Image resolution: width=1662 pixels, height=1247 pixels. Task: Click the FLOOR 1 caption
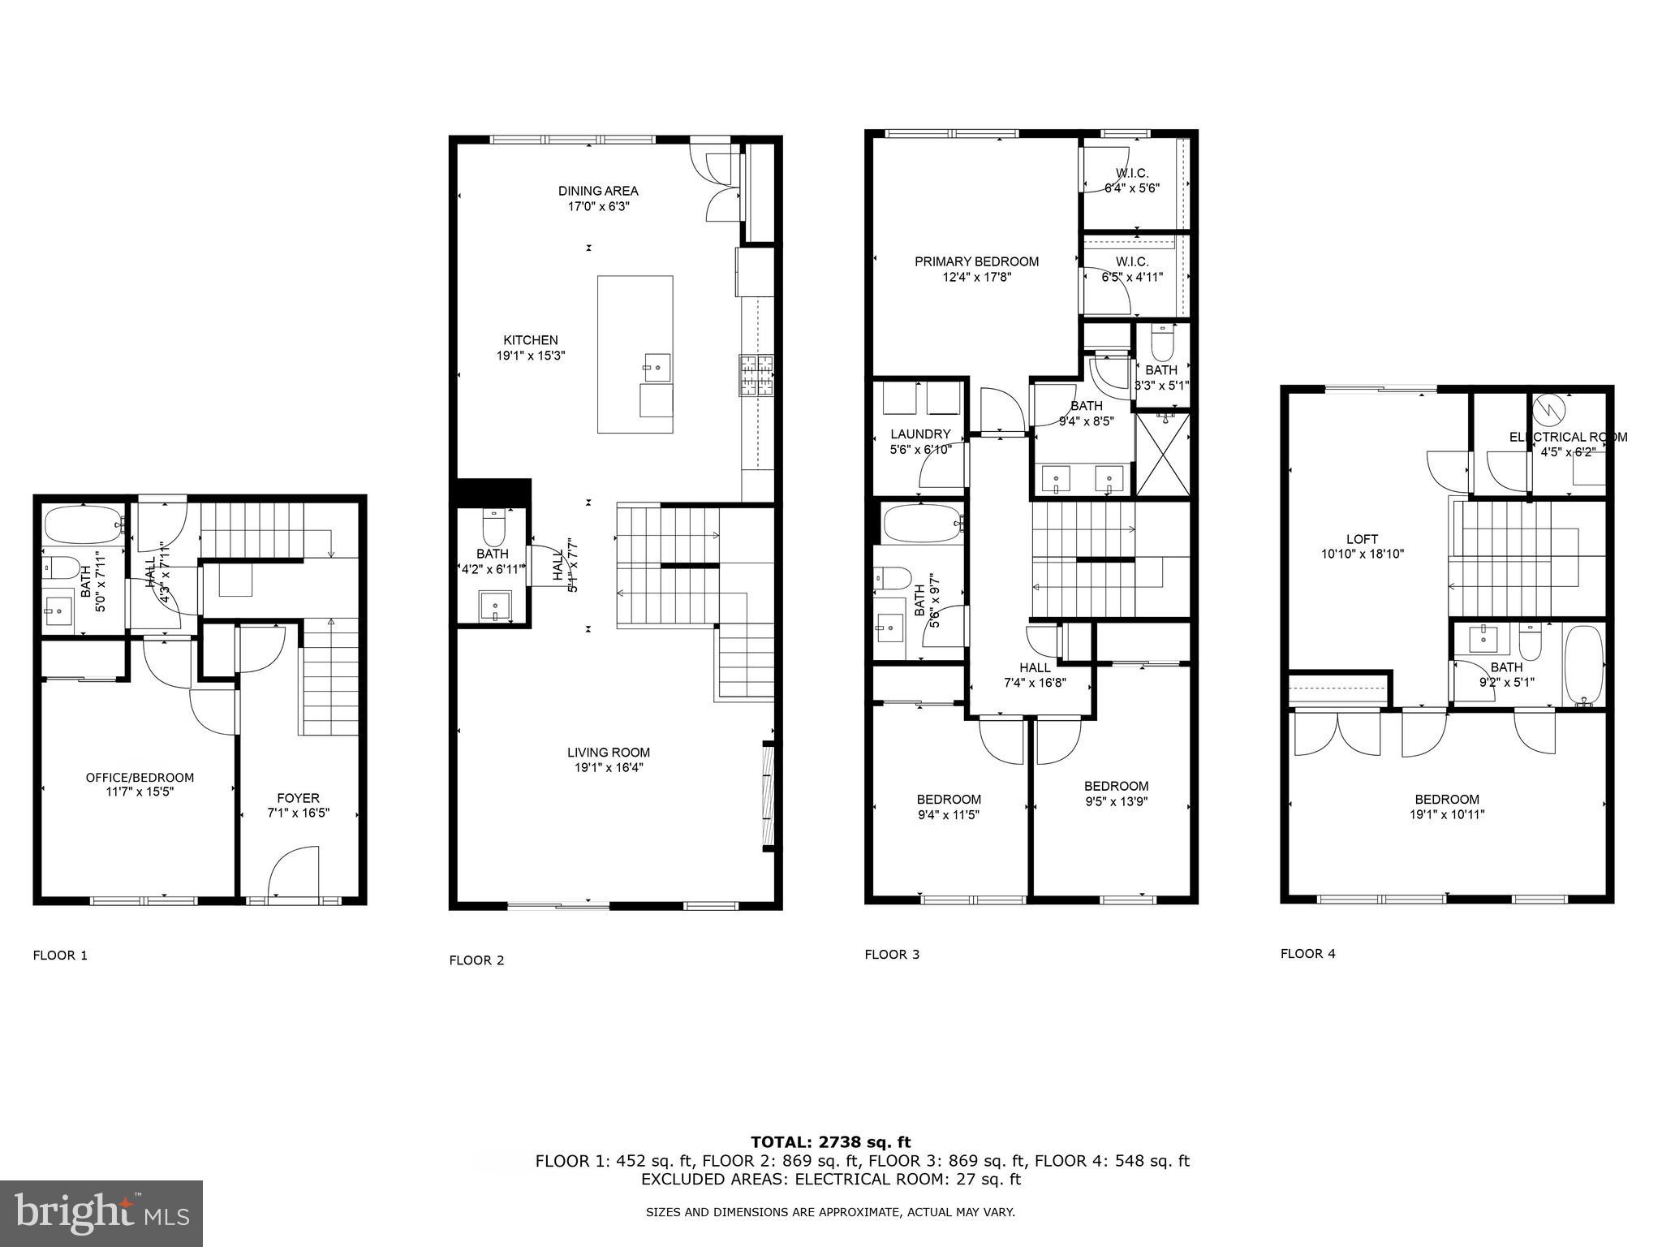[x=60, y=955]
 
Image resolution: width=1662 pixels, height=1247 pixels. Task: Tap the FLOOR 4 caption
[x=1307, y=953]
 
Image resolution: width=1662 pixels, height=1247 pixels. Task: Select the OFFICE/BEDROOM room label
[x=140, y=777]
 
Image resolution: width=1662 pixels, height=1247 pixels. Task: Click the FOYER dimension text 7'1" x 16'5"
[x=298, y=813]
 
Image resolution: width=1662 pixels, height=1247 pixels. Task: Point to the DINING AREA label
[x=598, y=191]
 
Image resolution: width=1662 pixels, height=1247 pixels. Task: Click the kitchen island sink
[x=656, y=368]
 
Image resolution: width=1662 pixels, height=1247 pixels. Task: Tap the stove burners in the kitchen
[x=756, y=376]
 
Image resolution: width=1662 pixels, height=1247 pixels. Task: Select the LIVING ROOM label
[x=609, y=753]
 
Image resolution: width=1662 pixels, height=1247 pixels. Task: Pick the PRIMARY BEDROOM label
[x=976, y=261]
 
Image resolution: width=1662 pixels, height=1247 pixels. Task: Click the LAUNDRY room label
[x=920, y=434]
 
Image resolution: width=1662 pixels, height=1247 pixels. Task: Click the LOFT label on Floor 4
[x=1362, y=539]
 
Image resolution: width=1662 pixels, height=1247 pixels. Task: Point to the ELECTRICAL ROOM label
[x=1567, y=437]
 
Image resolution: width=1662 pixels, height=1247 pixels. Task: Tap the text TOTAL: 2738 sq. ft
[x=830, y=1142]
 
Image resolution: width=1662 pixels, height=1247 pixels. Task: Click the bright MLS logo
[x=101, y=1213]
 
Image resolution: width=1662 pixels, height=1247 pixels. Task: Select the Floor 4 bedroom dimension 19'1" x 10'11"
[x=1446, y=814]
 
